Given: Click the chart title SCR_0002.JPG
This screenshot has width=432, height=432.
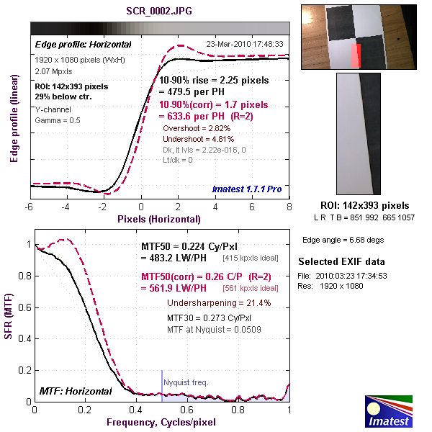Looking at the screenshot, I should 160,12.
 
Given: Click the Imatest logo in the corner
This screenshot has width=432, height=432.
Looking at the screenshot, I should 388,411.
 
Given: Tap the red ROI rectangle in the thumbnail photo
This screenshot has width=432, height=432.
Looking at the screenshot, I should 355,56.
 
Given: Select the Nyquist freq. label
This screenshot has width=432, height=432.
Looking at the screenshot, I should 186,382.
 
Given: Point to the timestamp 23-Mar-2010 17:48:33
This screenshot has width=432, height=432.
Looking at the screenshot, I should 245,44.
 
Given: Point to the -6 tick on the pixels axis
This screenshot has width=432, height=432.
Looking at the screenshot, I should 30,207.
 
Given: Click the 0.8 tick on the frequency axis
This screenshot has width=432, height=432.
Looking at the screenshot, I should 238,410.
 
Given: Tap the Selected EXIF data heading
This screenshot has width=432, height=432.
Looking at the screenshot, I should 341,261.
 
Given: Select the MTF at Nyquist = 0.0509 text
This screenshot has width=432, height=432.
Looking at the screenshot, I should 211,328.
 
